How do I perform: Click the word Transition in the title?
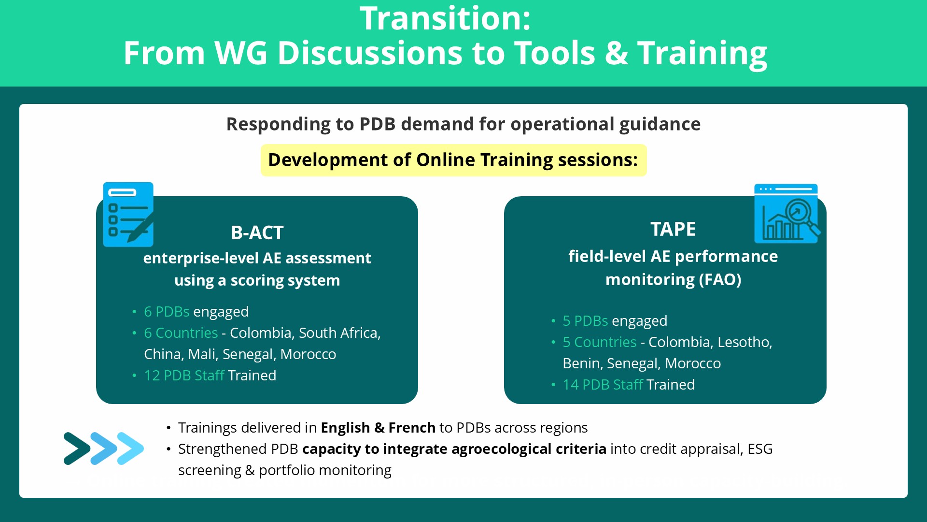[445, 18]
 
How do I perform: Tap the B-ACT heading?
[257, 233]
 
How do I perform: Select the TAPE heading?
[673, 229]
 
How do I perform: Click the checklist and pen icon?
[128, 214]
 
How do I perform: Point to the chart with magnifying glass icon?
[787, 213]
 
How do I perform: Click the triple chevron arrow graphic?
[104, 449]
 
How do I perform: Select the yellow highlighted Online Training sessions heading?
[453, 160]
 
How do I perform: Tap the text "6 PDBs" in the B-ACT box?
[167, 312]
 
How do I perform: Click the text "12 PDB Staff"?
[184, 376]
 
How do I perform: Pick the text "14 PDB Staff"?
[603, 385]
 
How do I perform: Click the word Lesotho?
[745, 342]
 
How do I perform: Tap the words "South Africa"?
[339, 333]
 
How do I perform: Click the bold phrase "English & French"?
[378, 428]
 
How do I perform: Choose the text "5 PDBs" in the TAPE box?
[585, 321]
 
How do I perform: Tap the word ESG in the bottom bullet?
[760, 449]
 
